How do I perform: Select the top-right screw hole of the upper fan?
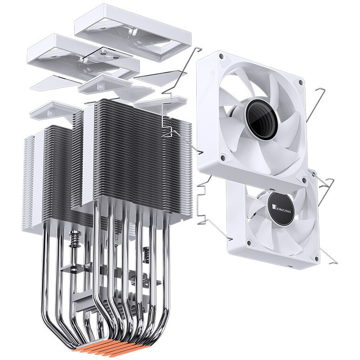pyautogui.click(x=300, y=82)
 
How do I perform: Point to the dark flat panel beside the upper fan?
pyautogui.click(x=160, y=74)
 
